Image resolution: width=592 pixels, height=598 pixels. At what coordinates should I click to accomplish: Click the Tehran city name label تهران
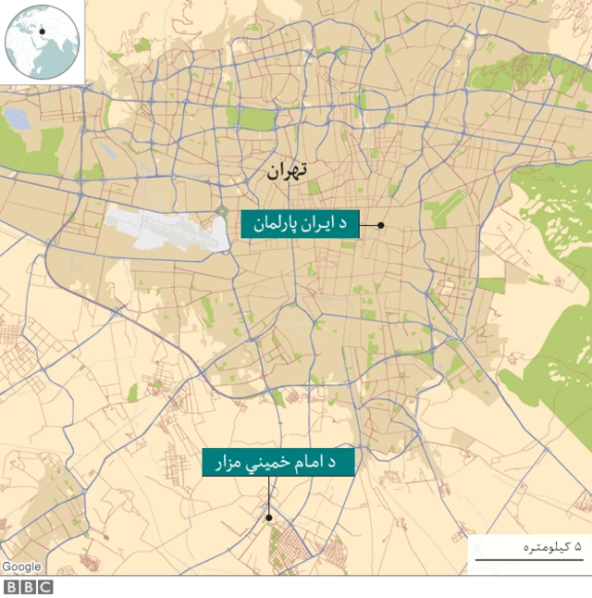[286, 171]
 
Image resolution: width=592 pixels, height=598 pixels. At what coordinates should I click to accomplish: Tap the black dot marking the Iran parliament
[380, 225]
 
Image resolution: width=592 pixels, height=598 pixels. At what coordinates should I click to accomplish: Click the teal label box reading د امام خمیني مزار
[278, 461]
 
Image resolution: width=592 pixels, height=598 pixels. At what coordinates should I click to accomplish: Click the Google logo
[21, 567]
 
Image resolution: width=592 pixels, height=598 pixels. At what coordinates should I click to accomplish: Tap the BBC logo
[29, 587]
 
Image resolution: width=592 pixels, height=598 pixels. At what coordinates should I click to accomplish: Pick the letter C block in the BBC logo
[45, 587]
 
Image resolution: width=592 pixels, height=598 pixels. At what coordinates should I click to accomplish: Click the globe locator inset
[42, 42]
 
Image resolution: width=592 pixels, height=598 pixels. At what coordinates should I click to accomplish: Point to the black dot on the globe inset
[42, 31]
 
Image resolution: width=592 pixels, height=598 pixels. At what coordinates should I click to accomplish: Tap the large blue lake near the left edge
[18, 118]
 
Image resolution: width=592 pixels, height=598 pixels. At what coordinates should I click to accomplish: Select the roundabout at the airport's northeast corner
[222, 212]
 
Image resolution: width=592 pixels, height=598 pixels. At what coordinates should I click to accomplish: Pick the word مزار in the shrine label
[229, 461]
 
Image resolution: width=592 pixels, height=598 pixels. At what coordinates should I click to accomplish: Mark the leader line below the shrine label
[268, 496]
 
